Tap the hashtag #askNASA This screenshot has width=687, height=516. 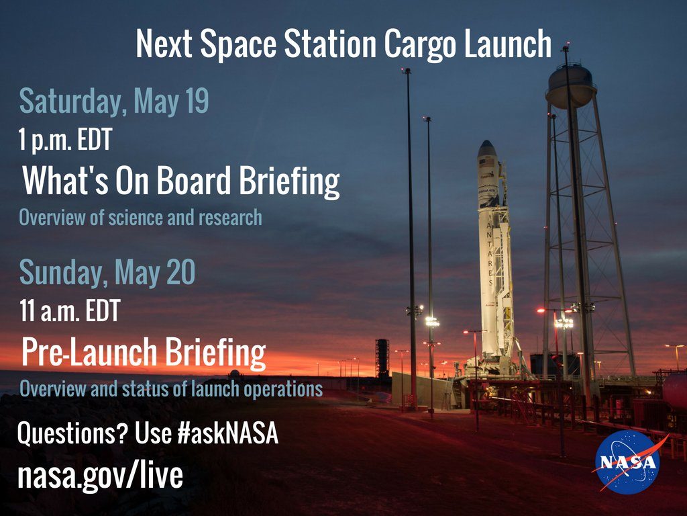pyautogui.click(x=228, y=433)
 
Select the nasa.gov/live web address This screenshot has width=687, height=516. pyautogui.click(x=100, y=476)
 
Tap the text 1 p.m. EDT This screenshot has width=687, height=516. pyautogui.click(x=65, y=140)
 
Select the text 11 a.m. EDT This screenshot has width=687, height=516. pyautogui.click(x=70, y=310)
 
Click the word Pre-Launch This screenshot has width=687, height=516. pyautogui.click(x=89, y=352)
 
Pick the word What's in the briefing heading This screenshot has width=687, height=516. pyautogui.click(x=65, y=180)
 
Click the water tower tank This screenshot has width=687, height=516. pyautogui.click(x=570, y=87)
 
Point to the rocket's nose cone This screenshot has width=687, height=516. pyautogui.click(x=486, y=148)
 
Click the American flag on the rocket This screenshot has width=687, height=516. pyautogui.click(x=486, y=163)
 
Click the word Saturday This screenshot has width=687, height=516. pyautogui.click(x=70, y=102)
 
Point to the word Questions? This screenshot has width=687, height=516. pyautogui.click(x=72, y=433)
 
